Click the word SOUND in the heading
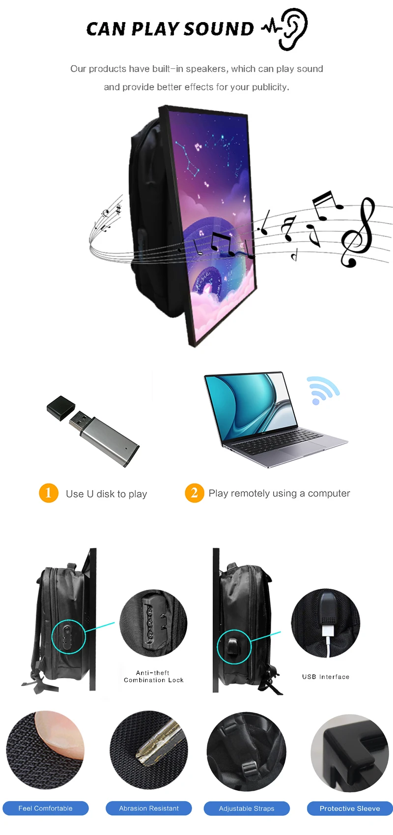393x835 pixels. [x=219, y=29]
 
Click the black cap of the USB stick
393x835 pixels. [x=61, y=408]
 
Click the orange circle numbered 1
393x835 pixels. [x=49, y=492]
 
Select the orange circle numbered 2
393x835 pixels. [x=194, y=492]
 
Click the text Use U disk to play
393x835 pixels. [x=106, y=494]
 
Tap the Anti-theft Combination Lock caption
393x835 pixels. [x=153, y=676]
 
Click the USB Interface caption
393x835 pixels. [x=326, y=677]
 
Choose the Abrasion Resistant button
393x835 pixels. [x=148, y=808]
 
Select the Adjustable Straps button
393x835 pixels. [x=247, y=808]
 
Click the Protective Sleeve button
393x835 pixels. [x=349, y=808]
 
